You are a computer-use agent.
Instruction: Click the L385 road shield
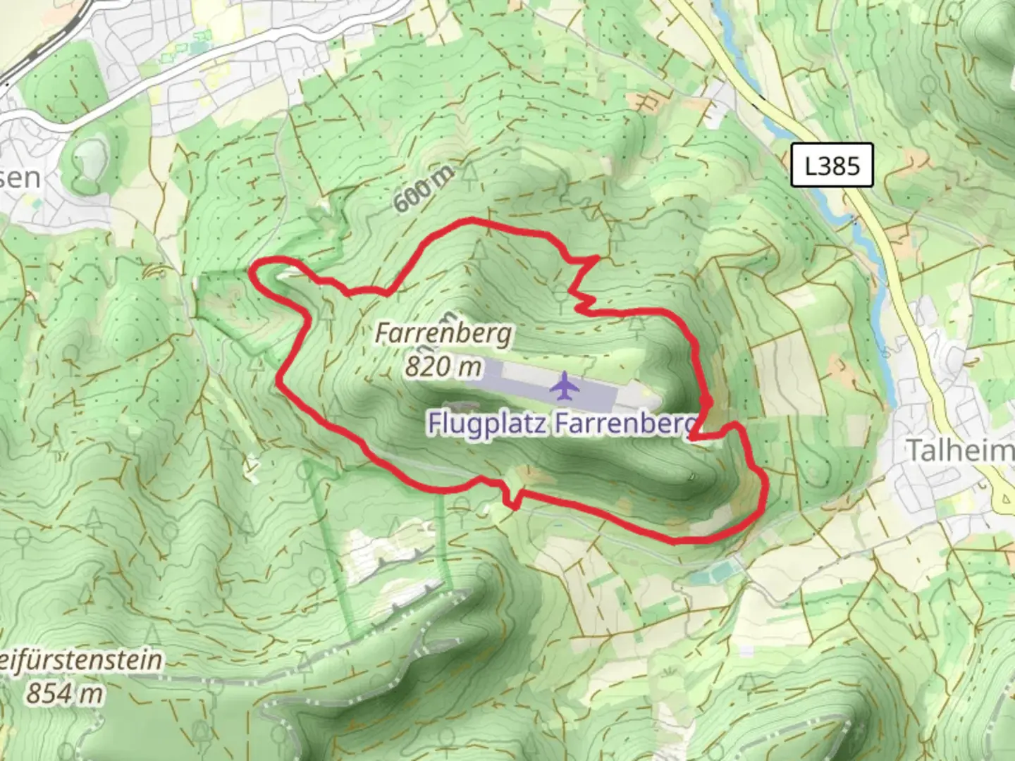832,166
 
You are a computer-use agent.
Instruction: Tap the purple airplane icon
564,386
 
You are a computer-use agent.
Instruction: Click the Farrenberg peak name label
443,333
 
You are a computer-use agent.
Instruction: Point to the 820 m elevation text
443,366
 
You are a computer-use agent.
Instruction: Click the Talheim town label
959,450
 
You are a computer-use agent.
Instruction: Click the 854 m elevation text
64,693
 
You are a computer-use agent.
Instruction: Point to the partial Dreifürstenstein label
81,661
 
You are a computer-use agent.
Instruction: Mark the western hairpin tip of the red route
256,268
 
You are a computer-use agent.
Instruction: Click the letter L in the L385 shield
812,166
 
